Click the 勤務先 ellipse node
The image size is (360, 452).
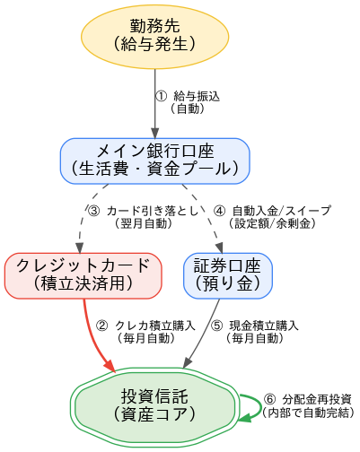(x=155, y=32)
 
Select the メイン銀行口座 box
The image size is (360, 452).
(x=155, y=159)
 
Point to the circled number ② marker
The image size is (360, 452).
(x=101, y=326)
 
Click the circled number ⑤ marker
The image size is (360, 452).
(x=216, y=326)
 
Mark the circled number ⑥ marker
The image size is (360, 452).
(x=269, y=399)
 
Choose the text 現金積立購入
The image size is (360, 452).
(x=263, y=326)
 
